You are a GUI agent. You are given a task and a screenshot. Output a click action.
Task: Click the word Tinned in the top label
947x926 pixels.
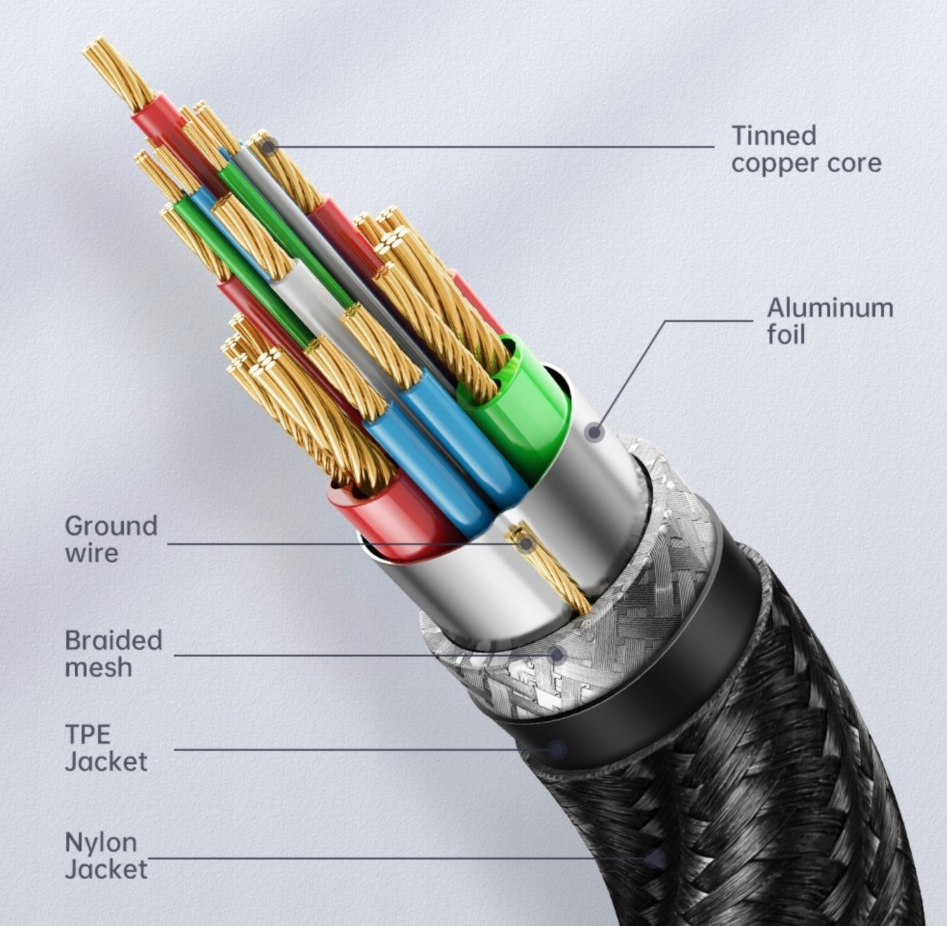click(773, 136)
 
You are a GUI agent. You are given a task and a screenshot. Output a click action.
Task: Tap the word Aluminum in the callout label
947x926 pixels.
click(829, 308)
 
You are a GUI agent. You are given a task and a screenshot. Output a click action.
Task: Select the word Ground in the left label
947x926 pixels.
click(111, 526)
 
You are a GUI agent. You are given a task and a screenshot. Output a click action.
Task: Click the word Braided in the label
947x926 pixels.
click(113, 641)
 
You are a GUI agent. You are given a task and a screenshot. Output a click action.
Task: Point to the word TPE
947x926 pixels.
click(87, 735)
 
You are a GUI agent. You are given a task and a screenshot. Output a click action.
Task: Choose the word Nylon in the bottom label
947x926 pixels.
click(100, 842)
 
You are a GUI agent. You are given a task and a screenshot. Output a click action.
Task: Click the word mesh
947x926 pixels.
click(98, 667)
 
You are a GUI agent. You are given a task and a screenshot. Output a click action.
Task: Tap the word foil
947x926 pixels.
click(785, 335)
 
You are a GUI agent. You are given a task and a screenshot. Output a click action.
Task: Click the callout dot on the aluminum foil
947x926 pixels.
click(595, 432)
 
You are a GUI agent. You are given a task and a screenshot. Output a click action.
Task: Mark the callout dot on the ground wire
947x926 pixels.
click(525, 544)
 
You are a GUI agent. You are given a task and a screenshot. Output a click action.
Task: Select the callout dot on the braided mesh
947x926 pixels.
click(558, 656)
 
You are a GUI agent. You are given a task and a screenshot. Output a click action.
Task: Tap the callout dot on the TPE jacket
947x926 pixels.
click(558, 750)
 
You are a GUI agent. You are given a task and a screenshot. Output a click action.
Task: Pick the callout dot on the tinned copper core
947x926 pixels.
click(269, 146)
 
